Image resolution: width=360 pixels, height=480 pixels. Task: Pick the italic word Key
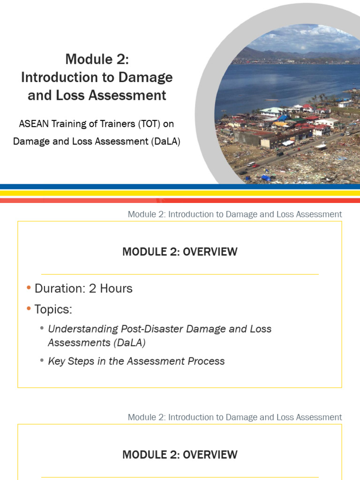[x=57, y=361]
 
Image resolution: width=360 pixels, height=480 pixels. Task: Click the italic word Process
[x=206, y=361]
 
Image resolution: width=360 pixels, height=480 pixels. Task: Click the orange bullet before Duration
[x=29, y=288]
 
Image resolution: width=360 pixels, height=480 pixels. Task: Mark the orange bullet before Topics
[x=29, y=309]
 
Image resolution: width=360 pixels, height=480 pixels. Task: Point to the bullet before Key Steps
[x=42, y=360]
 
